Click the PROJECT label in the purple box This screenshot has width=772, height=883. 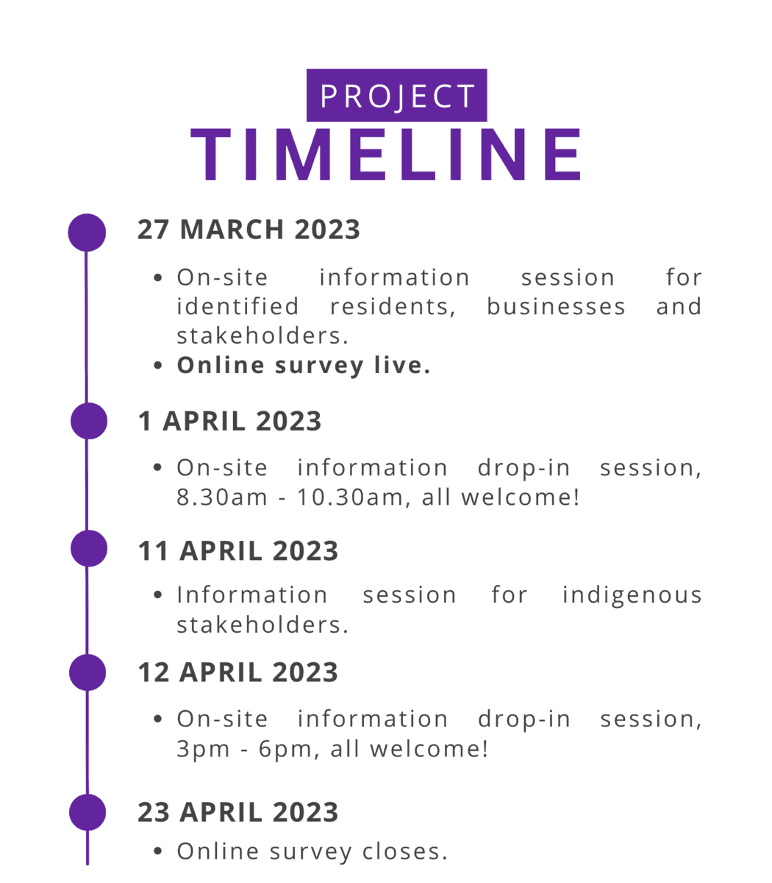click(x=397, y=96)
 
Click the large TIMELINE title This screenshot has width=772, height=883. click(x=386, y=154)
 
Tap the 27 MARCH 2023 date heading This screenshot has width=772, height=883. click(x=249, y=229)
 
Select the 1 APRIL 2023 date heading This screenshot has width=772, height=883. click(x=229, y=421)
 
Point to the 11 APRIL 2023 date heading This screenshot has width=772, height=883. click(x=238, y=550)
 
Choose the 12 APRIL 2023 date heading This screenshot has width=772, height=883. click(x=238, y=672)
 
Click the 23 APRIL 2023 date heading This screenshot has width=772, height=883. click(x=238, y=812)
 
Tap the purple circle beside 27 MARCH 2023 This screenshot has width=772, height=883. click(x=87, y=233)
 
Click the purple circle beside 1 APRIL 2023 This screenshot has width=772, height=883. click(x=89, y=421)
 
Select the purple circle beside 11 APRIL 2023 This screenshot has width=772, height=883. click(x=89, y=548)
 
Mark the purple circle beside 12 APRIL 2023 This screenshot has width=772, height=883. click(x=87, y=673)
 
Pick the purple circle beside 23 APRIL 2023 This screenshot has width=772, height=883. click(x=87, y=812)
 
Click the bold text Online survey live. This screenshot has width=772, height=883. click(x=304, y=366)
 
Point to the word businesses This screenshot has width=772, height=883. click(x=556, y=307)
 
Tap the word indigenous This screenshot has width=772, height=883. click(x=632, y=595)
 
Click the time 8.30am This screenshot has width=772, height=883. click(x=222, y=497)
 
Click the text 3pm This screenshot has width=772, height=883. click(x=203, y=749)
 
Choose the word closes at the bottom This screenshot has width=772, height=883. click(x=404, y=851)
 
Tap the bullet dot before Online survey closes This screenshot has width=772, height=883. click(x=158, y=851)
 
